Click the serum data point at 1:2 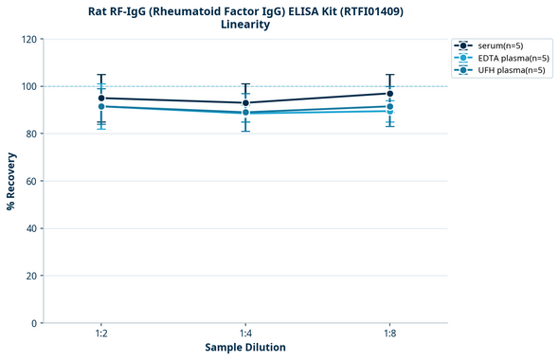tap(101, 98)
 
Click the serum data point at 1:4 tap(245, 102)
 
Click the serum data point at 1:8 tap(389, 93)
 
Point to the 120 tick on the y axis tap(31, 39)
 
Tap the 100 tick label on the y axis tap(31, 86)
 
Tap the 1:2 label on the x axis tap(101, 333)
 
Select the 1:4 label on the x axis tap(245, 333)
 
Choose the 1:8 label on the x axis tap(389, 333)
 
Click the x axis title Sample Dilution tap(245, 348)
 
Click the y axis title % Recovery tap(11, 181)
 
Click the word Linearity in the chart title tap(245, 25)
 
